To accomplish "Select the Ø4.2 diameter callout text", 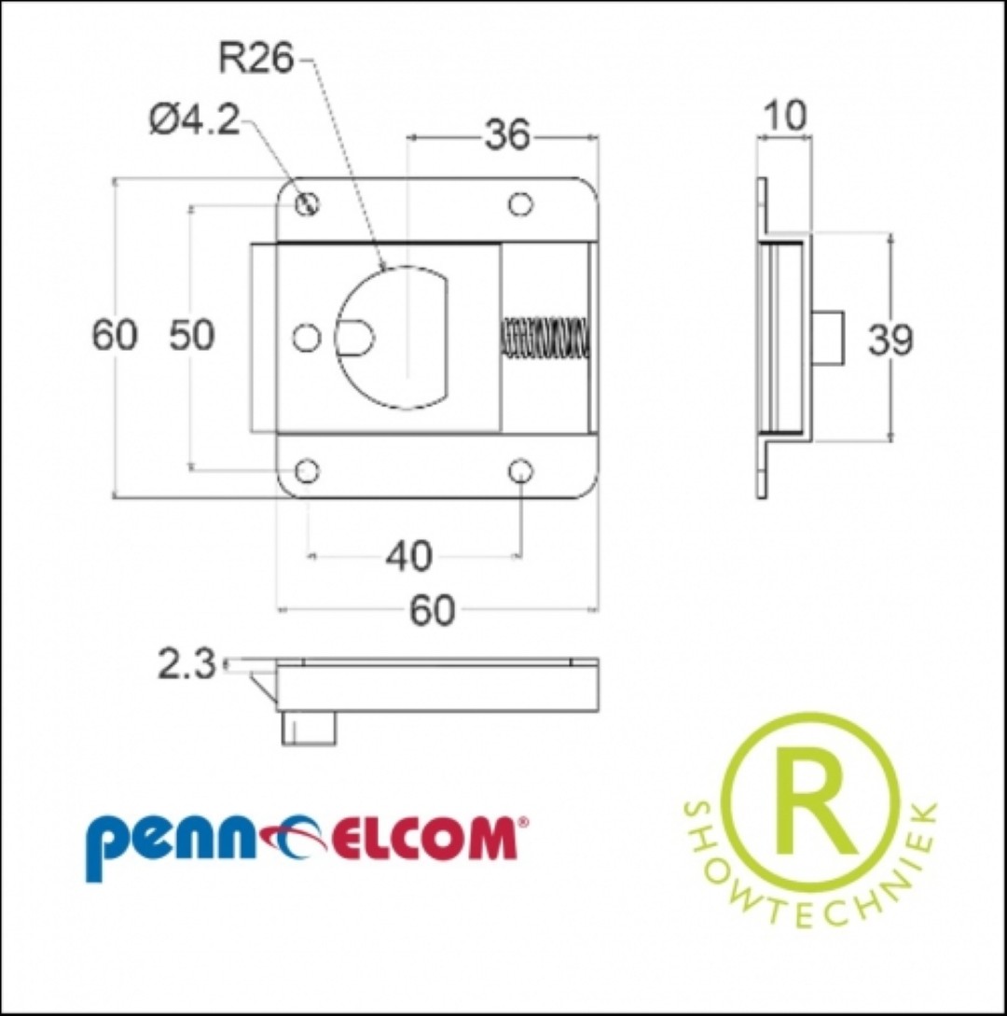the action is [194, 119].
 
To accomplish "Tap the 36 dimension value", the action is [507, 135].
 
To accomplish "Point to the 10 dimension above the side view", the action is [785, 116].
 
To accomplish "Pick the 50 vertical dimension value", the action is [192, 336].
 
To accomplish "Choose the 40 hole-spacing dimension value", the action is [408, 556].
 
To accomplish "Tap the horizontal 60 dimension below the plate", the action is [432, 610].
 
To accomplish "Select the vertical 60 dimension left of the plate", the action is [115, 336].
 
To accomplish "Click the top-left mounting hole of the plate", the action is [307, 204].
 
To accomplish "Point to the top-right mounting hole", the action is [520, 204].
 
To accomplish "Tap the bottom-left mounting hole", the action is [307, 471].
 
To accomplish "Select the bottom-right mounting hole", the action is [520, 471].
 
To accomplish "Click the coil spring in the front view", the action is [545, 337].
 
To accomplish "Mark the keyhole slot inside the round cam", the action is [354, 337].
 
